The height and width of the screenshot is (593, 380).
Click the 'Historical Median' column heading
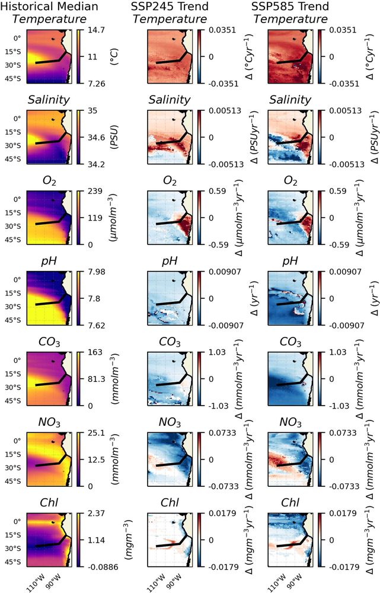(x=49, y=7)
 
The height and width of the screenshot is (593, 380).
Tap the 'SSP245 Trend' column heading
(x=170, y=7)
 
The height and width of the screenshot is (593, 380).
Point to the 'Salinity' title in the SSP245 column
(x=170, y=100)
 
